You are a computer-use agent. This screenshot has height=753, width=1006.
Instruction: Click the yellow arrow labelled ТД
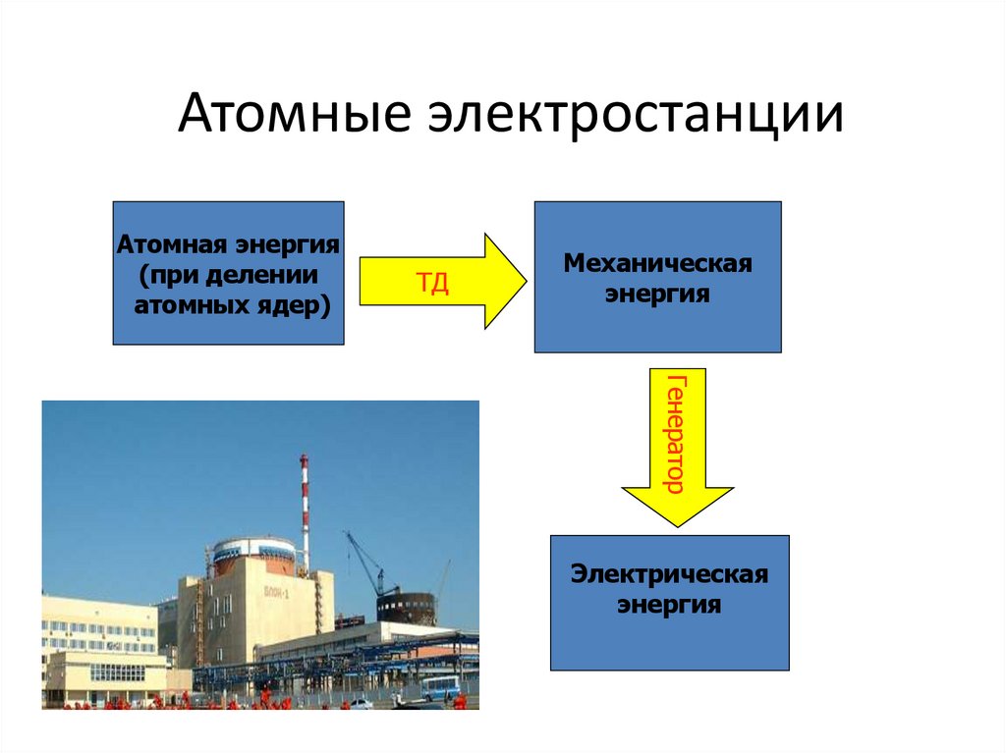point(442,283)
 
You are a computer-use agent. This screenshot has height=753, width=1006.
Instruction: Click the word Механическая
point(657,263)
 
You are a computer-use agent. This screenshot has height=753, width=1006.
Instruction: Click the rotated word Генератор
point(676,432)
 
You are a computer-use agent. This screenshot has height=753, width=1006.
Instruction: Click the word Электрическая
point(669,573)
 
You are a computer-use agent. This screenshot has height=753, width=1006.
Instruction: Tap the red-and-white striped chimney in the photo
point(305,511)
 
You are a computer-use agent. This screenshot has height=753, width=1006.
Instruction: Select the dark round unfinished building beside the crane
point(406,608)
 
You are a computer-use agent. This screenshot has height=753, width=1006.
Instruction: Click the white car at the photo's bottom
point(362,703)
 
